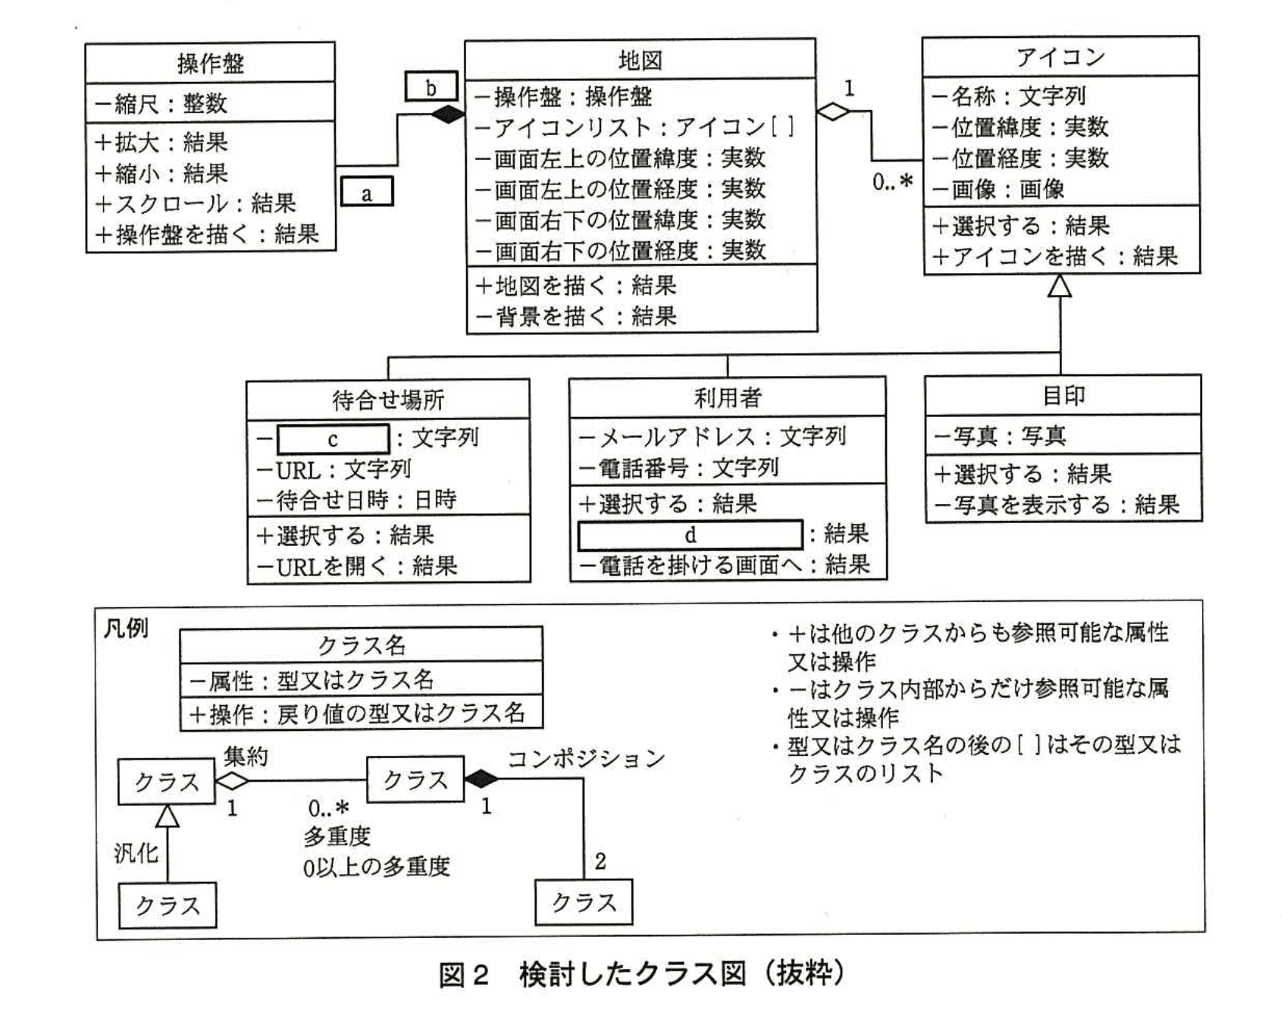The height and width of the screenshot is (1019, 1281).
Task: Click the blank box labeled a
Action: tap(367, 192)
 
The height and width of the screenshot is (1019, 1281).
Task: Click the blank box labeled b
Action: tap(431, 86)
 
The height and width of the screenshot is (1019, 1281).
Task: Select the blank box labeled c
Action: tap(333, 439)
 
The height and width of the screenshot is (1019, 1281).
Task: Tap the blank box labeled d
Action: tap(690, 535)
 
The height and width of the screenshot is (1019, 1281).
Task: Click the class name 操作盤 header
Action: tap(210, 63)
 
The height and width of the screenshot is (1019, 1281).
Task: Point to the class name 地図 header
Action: tap(640, 59)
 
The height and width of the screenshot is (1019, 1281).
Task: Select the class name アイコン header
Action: tap(1060, 57)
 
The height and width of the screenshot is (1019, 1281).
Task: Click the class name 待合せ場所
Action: tap(388, 400)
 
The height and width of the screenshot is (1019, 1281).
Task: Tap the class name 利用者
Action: tap(727, 397)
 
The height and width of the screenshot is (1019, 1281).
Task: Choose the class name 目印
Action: tap(1063, 395)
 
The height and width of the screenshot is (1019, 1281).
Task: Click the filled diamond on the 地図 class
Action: tap(447, 114)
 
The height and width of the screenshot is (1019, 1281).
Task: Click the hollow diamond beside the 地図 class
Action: tap(834, 111)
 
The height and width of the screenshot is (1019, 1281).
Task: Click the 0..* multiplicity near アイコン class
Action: tap(892, 182)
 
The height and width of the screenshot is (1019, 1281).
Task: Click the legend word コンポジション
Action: tap(586, 758)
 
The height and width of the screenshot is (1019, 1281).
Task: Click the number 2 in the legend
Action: tap(600, 861)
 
